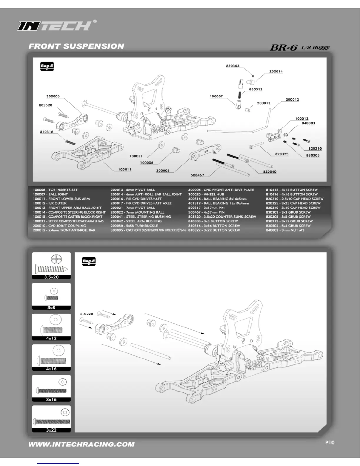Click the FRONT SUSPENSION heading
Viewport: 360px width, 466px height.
76,46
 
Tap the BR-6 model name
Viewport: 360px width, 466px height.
284,48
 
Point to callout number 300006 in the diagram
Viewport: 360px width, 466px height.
53,96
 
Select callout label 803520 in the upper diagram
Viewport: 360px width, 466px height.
46,105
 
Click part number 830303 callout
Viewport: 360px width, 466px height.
233,66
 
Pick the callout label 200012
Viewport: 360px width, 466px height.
292,99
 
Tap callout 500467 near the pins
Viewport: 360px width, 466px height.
197,175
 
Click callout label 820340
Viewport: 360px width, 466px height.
269,172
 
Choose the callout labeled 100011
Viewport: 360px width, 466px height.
125,169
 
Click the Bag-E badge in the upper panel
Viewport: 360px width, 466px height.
47,67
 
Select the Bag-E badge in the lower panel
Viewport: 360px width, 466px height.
89,261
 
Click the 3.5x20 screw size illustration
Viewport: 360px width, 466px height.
51,265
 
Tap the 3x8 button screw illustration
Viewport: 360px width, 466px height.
51,295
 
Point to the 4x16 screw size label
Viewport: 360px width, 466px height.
51,369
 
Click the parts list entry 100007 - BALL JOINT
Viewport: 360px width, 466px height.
50,194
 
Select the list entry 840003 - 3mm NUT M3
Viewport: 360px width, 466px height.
285,230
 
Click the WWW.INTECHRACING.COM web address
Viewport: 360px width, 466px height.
81,444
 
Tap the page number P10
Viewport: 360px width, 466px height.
330,442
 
